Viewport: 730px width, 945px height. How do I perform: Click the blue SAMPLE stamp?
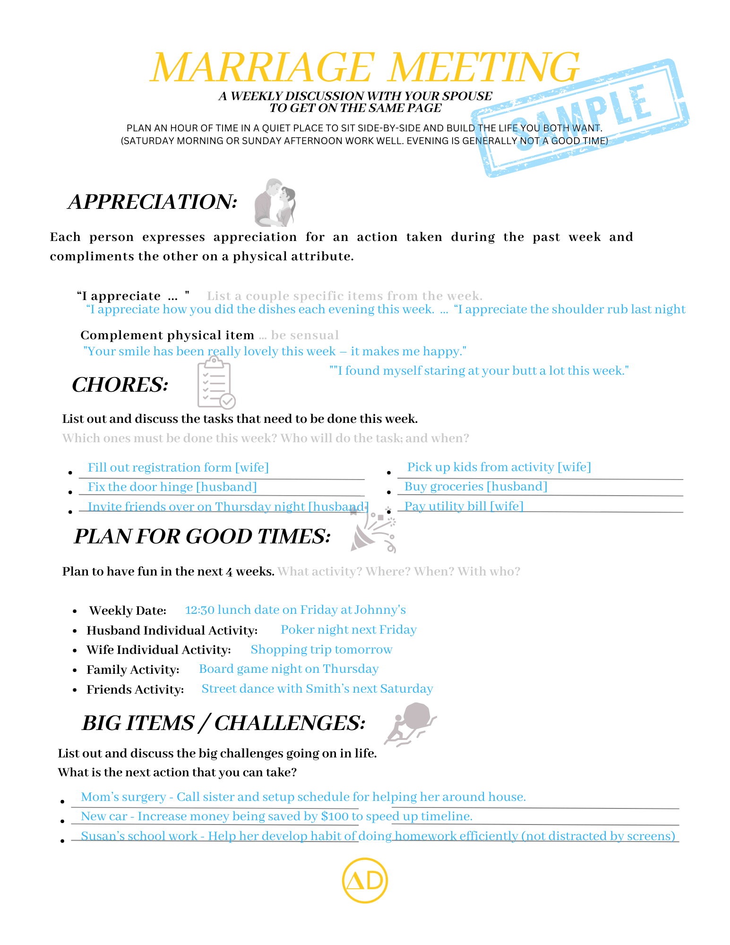pyautogui.click(x=580, y=118)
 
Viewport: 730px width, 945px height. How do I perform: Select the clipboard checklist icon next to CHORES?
pyautogui.click(x=216, y=383)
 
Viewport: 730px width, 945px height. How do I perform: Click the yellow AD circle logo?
pyautogui.click(x=364, y=880)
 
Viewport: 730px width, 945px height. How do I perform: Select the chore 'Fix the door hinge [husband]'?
pyautogui.click(x=172, y=487)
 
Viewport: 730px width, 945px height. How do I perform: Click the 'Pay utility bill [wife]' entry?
pyautogui.click(x=464, y=506)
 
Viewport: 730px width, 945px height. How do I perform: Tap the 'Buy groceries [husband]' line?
pyautogui.click(x=476, y=486)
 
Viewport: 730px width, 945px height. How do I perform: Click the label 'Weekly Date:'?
pyautogui.click(x=128, y=610)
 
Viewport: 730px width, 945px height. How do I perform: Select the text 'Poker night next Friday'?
pyautogui.click(x=349, y=629)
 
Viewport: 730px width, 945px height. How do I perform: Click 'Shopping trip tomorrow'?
pyautogui.click(x=321, y=649)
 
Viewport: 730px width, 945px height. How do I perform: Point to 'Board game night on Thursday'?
pyautogui.click(x=289, y=669)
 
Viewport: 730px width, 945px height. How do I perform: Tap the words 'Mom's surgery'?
pyautogui.click(x=123, y=797)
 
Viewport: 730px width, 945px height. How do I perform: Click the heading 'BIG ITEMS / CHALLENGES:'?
pyautogui.click(x=223, y=723)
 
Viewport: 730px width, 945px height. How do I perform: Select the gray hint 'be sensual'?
pyautogui.click(x=305, y=335)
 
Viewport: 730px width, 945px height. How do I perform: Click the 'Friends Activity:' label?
pyautogui.click(x=135, y=689)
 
